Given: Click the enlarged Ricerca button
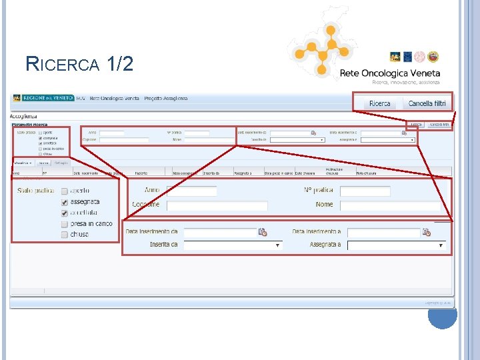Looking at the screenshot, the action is click(x=379, y=103).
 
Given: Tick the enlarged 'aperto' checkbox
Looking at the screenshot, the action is click(x=65, y=191).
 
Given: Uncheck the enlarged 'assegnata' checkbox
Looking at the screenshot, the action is click(x=65, y=201).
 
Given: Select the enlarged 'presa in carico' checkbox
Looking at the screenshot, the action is click(x=65, y=224).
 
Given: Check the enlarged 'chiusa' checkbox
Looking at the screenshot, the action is click(x=65, y=235).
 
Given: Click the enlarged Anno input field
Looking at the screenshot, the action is click(x=192, y=191).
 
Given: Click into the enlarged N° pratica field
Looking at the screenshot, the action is click(x=365, y=191).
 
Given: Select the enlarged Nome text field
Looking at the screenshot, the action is click(x=365, y=205).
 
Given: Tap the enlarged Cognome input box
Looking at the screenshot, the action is click(x=217, y=206).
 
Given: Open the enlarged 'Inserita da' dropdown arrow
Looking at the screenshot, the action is click(x=277, y=245).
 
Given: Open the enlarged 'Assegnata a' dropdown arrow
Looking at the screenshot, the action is click(x=440, y=245).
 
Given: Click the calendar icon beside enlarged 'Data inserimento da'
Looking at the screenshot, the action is click(x=263, y=232).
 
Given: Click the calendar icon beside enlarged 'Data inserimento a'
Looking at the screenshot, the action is click(x=426, y=232).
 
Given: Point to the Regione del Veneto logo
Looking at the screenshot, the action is click(x=42, y=98).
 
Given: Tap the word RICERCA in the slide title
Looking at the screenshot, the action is click(x=63, y=65).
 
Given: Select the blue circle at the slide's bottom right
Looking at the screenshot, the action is click(x=442, y=313).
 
